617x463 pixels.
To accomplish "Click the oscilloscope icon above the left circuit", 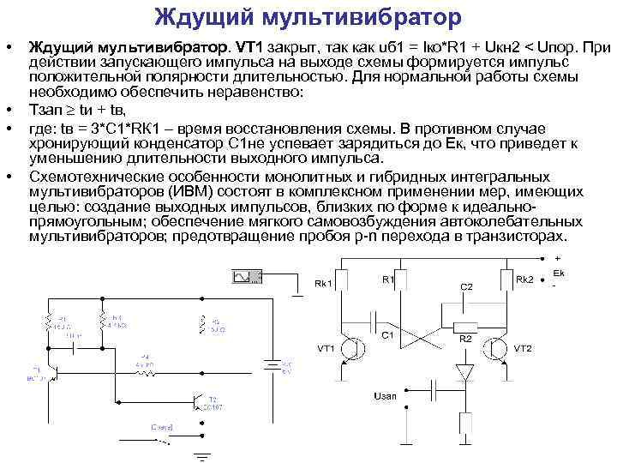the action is coord(246,276).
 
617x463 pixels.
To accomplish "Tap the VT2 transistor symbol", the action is coord(497,348).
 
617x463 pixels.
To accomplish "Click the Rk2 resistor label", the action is coord(525,280).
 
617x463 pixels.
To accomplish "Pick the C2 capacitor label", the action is coord(466,286).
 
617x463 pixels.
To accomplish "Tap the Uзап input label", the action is coord(385,396).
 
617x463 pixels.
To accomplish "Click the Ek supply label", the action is coord(559,273).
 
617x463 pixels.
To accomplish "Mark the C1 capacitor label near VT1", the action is coord(387,335).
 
